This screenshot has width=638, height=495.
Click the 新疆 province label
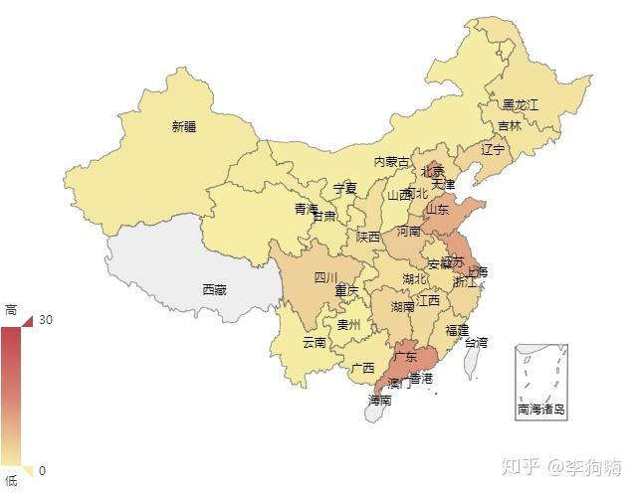point(184,126)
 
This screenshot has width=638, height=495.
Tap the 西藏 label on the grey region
point(214,290)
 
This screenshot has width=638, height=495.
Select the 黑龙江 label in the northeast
point(520,104)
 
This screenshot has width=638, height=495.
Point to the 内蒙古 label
point(391,162)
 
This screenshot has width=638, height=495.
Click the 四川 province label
point(326,277)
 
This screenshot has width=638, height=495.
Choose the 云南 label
point(315,343)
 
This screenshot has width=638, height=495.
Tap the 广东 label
point(405,356)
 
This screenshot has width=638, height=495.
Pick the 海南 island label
point(379,401)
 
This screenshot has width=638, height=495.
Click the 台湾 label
point(476,343)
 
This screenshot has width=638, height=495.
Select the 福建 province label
point(458,329)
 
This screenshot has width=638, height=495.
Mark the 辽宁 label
point(494,150)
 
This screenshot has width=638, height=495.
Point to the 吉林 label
point(509,126)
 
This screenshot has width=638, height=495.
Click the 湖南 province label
point(402,307)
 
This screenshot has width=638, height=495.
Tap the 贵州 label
point(349,324)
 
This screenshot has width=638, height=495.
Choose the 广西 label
point(363,368)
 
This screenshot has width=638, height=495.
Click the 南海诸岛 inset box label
point(541,409)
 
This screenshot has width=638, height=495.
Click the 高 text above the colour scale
point(11,310)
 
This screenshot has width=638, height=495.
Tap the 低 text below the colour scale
point(11,481)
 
